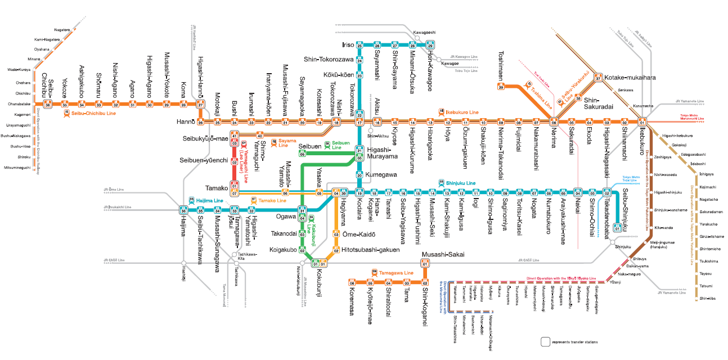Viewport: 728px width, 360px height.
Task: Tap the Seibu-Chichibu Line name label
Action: [x=93, y=114]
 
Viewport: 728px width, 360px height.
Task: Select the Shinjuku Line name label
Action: [x=460, y=183]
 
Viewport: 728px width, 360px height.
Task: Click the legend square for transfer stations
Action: [x=545, y=341]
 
